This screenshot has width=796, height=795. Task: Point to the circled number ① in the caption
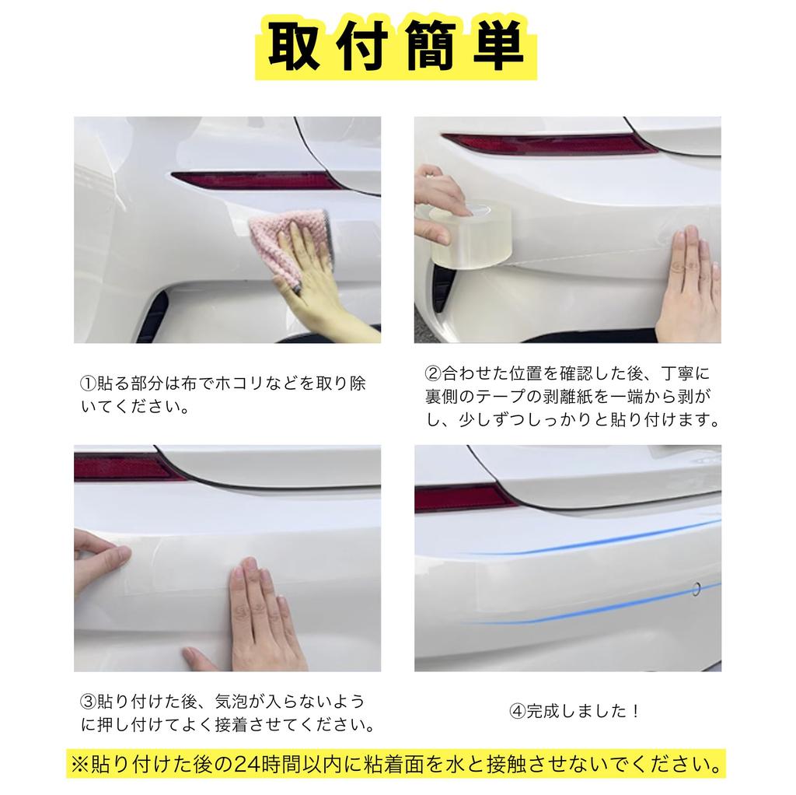tap(88, 384)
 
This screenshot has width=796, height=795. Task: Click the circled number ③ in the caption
tap(88, 702)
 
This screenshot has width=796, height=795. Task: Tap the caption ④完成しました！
tap(574, 711)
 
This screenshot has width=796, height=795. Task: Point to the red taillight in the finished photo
tap(459, 496)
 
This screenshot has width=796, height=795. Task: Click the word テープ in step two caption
tap(530, 396)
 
